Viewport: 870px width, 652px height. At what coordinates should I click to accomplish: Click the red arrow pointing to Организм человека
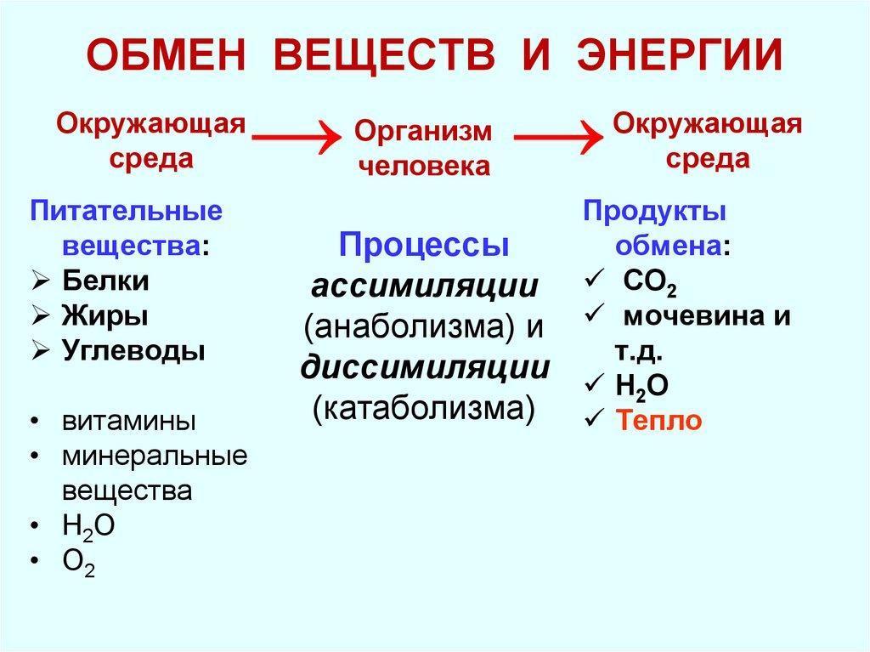click(x=293, y=135)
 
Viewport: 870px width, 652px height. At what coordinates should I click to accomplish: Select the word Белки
click(x=105, y=281)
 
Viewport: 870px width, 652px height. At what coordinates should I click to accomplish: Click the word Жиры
click(x=105, y=315)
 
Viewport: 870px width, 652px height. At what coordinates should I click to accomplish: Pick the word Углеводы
click(x=133, y=350)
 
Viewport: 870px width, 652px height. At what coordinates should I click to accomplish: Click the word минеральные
click(x=154, y=456)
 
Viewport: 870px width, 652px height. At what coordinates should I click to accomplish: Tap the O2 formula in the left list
click(x=77, y=562)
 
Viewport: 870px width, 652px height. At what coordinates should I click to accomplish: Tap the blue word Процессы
click(x=424, y=246)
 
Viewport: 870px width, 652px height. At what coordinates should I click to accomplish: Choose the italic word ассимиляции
click(x=424, y=286)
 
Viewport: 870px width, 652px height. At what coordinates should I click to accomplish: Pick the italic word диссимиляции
click(x=424, y=366)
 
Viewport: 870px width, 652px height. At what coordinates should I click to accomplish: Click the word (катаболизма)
click(x=424, y=407)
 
